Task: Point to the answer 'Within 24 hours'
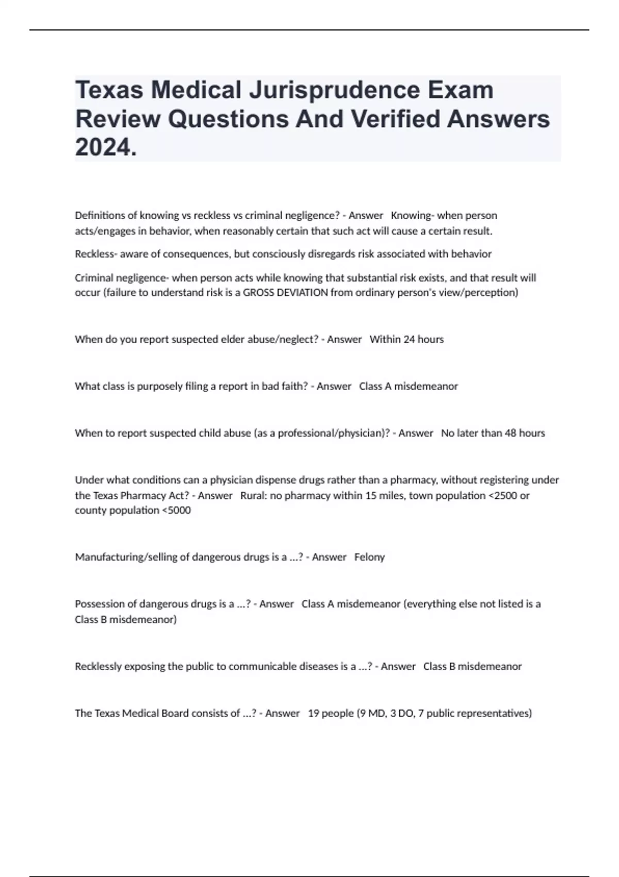[406, 339]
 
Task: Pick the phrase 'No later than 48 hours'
[493, 433]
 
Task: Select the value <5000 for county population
[176, 511]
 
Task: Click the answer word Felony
[369, 557]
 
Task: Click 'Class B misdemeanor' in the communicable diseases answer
[472, 667]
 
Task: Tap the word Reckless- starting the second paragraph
[96, 254]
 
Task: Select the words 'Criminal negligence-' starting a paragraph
[122, 278]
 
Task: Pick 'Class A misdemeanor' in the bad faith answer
[408, 386]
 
